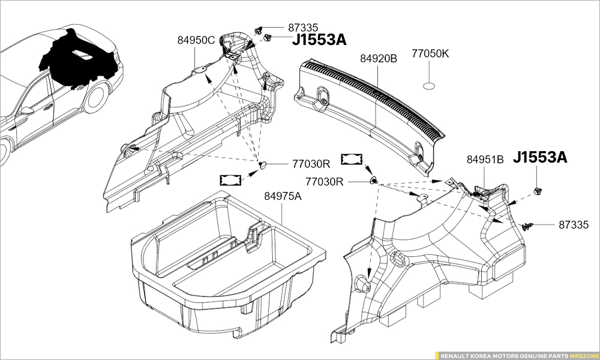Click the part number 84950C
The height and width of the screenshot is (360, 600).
coord(196,41)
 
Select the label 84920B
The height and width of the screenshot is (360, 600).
coord(379,58)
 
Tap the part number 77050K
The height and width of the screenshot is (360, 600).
coord(430,53)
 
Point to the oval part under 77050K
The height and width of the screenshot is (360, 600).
coord(430,86)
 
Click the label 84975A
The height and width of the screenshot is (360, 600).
coord(283,197)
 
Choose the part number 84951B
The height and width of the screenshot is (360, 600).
coord(485,160)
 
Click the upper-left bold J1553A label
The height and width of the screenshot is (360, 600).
coord(319,40)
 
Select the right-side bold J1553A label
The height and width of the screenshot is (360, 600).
coord(539,158)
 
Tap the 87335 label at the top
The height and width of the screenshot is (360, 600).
coord(304,27)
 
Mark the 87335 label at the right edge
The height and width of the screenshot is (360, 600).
coord(575,225)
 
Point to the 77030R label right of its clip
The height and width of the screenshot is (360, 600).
coord(325,181)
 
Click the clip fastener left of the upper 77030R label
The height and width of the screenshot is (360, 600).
coord(263,164)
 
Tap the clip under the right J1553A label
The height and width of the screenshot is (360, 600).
coord(538,191)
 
